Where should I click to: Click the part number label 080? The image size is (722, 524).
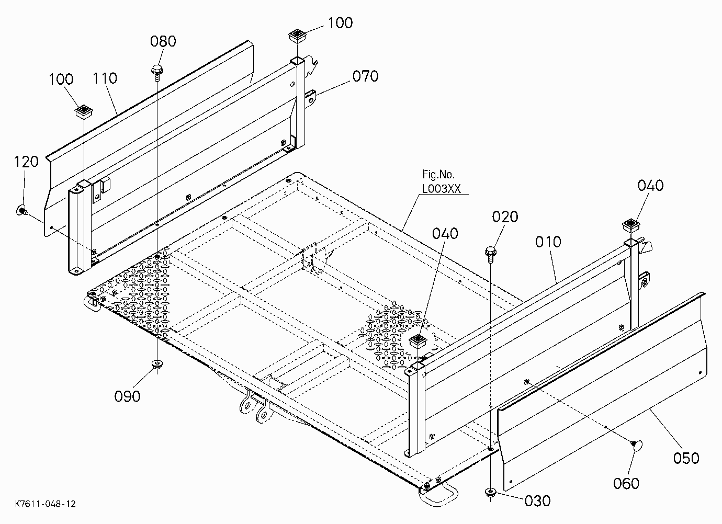coord(163,41)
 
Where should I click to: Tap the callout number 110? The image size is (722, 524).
coord(105,78)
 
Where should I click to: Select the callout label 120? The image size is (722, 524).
coord(26,162)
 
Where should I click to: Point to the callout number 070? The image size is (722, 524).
coord(365,76)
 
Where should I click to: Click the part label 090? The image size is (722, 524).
coord(127,396)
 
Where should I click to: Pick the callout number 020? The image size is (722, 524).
coord(505,217)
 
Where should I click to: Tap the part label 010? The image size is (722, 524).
coord(548,242)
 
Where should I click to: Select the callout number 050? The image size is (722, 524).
coord(686,458)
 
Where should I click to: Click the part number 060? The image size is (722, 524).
coord(626,483)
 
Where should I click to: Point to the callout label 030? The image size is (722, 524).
coord(538,501)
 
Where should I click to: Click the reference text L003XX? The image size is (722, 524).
coord(442,189)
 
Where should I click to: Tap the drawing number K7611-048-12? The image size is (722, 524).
coord(46,504)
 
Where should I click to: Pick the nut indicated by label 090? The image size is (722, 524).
coord(157,364)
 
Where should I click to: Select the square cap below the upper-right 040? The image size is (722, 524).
coord(631,226)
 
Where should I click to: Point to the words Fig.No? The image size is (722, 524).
coord(438,175)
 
